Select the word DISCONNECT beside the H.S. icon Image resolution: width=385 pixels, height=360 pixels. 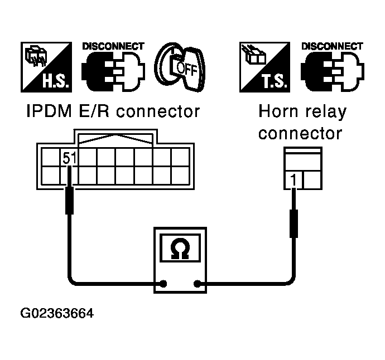click(x=113, y=46)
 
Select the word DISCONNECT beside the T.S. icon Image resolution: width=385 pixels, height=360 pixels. click(x=332, y=46)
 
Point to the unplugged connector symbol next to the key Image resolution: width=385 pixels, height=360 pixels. click(x=113, y=72)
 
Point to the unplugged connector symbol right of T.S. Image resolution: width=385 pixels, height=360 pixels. click(x=332, y=72)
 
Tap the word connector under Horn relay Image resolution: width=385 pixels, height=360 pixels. click(x=300, y=134)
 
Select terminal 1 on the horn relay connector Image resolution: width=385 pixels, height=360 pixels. click(x=293, y=180)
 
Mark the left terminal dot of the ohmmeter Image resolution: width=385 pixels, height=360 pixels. click(x=163, y=284)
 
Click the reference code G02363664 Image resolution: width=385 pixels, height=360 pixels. click(x=57, y=313)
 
